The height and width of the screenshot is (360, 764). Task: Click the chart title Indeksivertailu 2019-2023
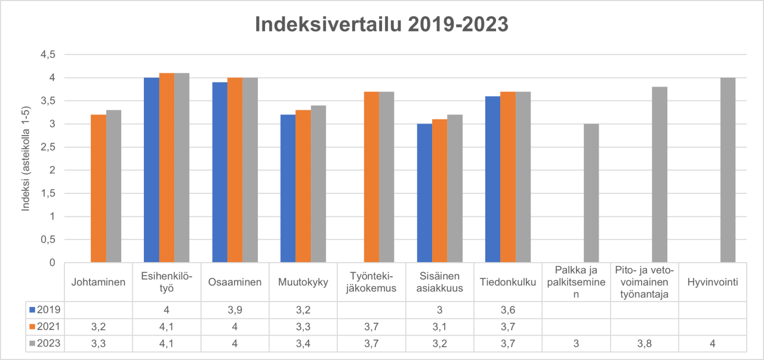tap(381, 24)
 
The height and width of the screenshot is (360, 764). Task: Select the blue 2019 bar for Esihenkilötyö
tap(151, 170)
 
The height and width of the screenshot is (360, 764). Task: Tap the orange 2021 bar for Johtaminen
tap(98, 189)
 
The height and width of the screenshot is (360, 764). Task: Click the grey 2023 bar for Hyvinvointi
tap(728, 170)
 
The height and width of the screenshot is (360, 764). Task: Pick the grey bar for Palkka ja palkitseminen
tap(591, 193)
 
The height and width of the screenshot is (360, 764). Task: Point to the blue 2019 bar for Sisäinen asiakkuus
tap(424, 193)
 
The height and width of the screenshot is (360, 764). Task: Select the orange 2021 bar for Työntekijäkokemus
tap(371, 177)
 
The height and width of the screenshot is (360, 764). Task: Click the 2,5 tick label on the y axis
tap(47, 147)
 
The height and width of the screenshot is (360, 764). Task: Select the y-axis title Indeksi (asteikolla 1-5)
tap(26, 159)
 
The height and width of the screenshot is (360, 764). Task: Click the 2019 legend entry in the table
tap(45, 310)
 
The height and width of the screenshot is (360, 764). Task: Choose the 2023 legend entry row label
tap(45, 344)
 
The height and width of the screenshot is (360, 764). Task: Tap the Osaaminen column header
tap(235, 282)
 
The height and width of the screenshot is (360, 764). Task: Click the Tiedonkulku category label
tap(507, 282)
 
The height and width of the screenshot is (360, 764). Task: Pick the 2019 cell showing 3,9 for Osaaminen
tap(235, 310)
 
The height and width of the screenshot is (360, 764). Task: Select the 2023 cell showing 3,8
tap(644, 344)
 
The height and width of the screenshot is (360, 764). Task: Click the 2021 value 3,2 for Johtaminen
tap(98, 327)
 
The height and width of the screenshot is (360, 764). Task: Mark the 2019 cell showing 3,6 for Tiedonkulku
tap(507, 310)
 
